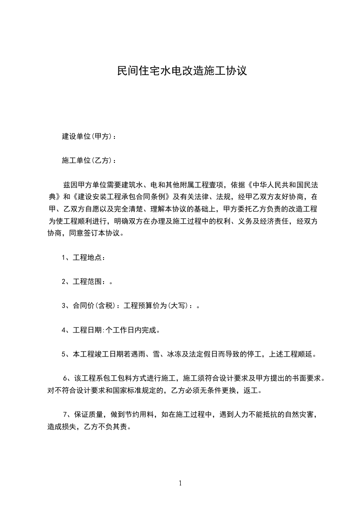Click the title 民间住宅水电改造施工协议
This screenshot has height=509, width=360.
[x=182, y=71]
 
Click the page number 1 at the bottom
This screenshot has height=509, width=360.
[x=180, y=483]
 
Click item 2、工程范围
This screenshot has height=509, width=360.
[x=84, y=282]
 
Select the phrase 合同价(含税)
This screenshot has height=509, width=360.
[x=96, y=306]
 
